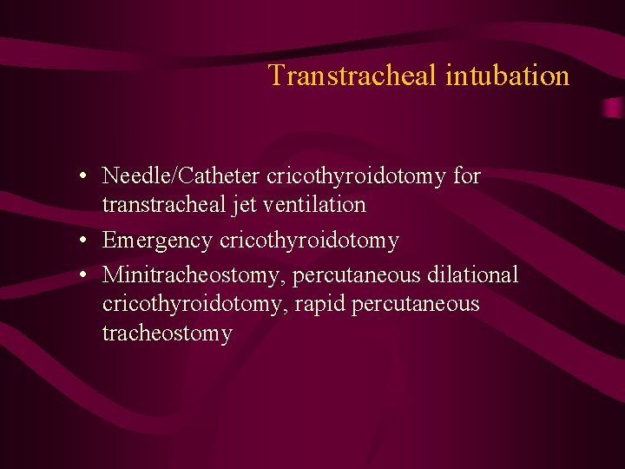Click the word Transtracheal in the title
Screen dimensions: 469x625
click(x=353, y=76)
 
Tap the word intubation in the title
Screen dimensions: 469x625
click(x=507, y=76)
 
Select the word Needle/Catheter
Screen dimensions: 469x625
click(x=181, y=176)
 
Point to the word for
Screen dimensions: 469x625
click(x=467, y=176)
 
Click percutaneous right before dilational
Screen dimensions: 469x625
click(x=357, y=275)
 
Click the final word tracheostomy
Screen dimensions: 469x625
click(x=167, y=334)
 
